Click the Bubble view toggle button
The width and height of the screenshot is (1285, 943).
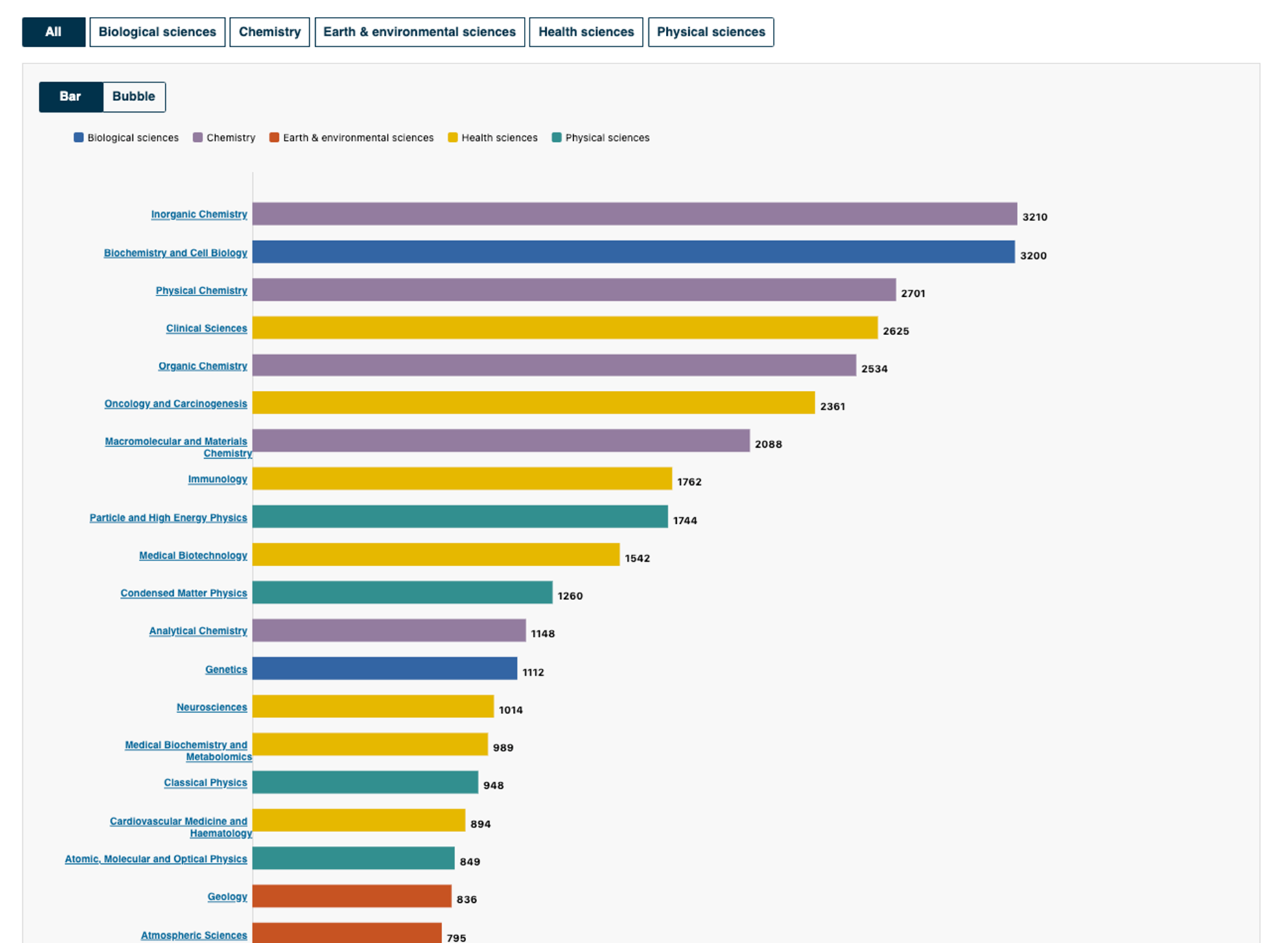tap(134, 97)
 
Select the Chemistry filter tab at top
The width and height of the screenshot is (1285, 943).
tap(270, 32)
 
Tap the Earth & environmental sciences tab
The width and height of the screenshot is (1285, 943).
tap(419, 32)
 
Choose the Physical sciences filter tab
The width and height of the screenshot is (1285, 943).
tap(711, 32)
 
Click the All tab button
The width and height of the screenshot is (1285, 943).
tap(53, 32)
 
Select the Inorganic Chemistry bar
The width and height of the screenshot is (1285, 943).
tap(635, 214)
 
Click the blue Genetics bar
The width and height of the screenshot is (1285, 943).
tap(385, 668)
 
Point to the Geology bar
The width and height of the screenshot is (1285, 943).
tap(352, 896)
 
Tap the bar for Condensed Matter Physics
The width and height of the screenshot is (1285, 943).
tap(403, 592)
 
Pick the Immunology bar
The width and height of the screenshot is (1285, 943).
tap(462, 478)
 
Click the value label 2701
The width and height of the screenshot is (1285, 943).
tap(913, 294)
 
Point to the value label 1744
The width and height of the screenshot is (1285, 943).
tap(685, 520)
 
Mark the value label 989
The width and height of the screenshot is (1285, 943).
tap(503, 748)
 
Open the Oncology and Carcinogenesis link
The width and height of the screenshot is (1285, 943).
tap(176, 404)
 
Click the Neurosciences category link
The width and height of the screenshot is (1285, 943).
tap(212, 707)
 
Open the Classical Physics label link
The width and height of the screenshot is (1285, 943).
tap(206, 783)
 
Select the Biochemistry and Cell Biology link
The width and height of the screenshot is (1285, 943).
tap(176, 253)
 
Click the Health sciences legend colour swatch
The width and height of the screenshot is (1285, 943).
tap(453, 137)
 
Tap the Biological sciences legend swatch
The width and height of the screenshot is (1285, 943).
tap(78, 137)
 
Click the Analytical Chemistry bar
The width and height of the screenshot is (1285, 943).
tap(389, 630)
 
